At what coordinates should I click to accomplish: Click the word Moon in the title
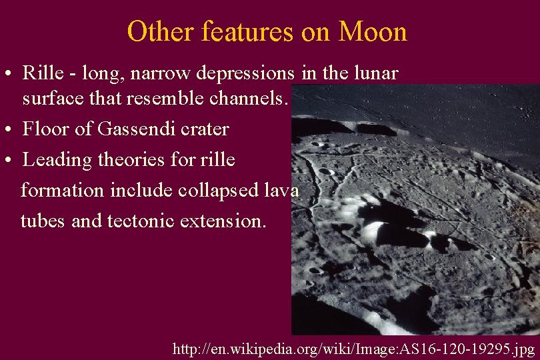373,31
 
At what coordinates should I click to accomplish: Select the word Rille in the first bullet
39,72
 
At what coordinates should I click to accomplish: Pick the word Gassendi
129,129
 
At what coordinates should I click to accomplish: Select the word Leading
54,161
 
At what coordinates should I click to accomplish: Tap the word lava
281,191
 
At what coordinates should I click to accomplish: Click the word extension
223,220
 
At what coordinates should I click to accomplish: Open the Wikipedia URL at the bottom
353,349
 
